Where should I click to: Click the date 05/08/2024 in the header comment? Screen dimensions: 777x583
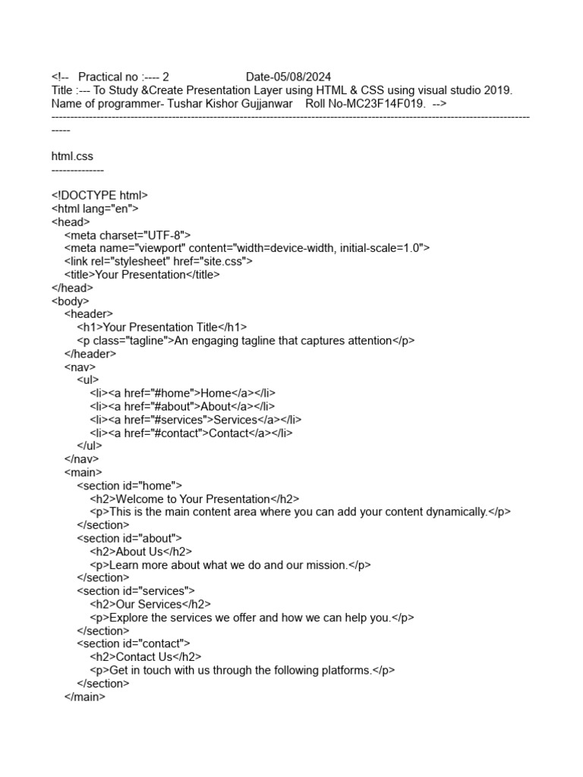[x=301, y=77]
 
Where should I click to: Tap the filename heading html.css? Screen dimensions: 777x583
[x=72, y=156]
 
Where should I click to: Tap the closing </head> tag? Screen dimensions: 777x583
[x=72, y=288]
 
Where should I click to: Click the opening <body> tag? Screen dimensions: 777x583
[x=70, y=301]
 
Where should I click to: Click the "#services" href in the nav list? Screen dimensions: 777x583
[x=179, y=420]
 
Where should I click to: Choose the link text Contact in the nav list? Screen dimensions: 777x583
[x=228, y=433]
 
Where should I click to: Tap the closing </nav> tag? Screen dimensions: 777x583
[x=82, y=459]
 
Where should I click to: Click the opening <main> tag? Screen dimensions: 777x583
[x=84, y=473]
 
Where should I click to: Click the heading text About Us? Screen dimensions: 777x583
[x=140, y=552]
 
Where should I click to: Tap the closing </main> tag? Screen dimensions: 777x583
[x=85, y=697]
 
